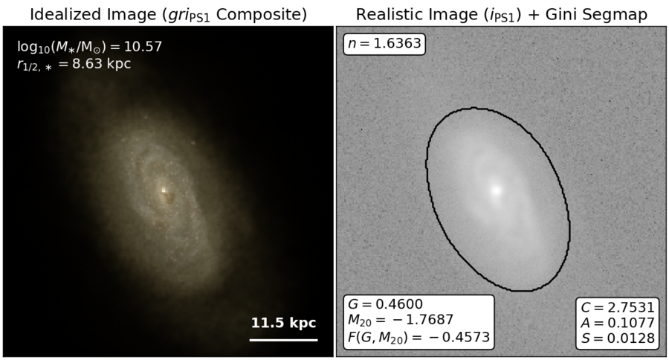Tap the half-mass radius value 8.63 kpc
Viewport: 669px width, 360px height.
coord(102,64)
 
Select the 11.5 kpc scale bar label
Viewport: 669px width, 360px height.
coord(283,322)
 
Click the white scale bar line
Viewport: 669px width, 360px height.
coord(283,340)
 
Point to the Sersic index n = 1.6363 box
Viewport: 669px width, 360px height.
coord(384,44)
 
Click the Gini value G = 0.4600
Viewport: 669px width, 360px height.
coord(385,304)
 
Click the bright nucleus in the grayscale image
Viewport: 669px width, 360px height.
coord(496,190)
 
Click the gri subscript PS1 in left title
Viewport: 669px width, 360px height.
coord(200,19)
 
